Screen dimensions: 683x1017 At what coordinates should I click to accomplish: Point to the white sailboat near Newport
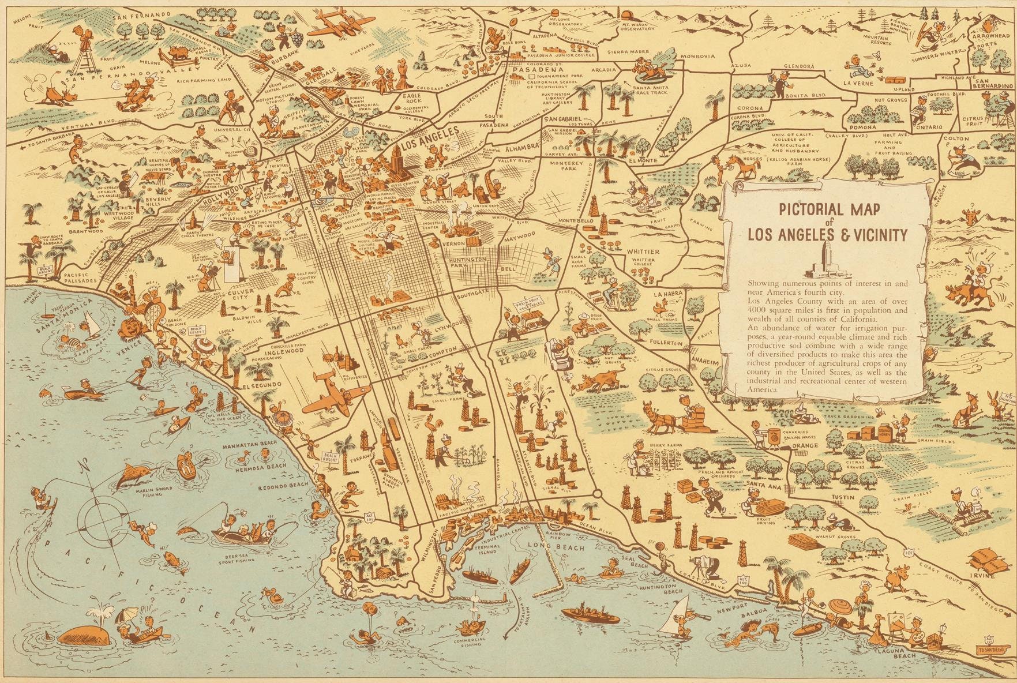pyautogui.click(x=679, y=612)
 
